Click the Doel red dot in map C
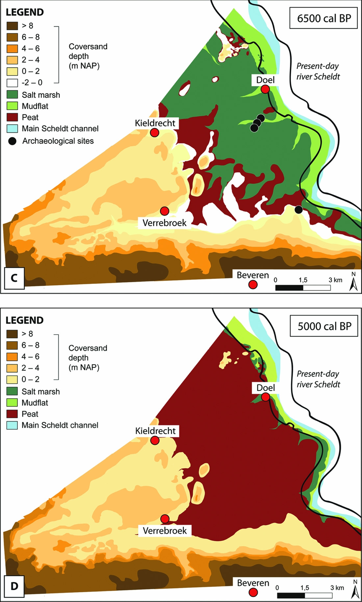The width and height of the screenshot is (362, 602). click(265, 89)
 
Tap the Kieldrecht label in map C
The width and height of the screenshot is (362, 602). click(155, 123)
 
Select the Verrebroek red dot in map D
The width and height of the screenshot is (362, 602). click(165, 519)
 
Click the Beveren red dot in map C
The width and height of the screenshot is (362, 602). click(253, 285)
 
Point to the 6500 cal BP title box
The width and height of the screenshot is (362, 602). click(323, 18)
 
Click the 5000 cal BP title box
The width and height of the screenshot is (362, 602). click(324, 326)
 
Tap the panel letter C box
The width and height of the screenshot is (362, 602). click(14, 278)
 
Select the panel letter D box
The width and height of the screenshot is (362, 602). click(14, 586)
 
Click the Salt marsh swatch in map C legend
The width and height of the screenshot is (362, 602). click(12, 95)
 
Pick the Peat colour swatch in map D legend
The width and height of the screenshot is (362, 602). click(12, 414)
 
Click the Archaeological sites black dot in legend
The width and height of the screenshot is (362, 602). click(12, 141)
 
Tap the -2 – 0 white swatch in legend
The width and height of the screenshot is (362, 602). click(12, 82)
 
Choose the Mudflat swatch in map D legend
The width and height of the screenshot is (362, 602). click(12, 403)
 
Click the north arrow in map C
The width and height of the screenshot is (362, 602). click(353, 283)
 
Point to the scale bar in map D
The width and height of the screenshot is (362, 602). click(304, 595)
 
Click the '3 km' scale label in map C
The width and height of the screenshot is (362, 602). click(335, 280)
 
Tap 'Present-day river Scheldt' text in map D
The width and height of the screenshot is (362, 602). click(318, 379)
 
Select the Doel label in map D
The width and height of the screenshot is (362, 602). click(266, 388)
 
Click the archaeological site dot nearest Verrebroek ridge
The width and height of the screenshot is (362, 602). click(298, 209)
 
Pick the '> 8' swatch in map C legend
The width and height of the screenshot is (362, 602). click(12, 26)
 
